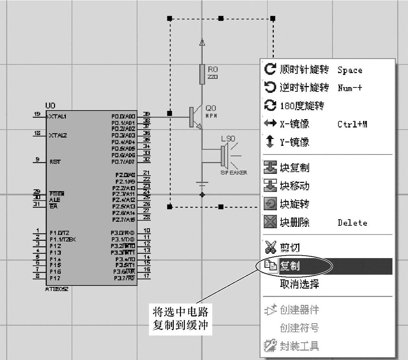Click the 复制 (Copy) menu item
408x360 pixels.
click(x=290, y=266)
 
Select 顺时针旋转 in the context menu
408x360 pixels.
click(x=304, y=69)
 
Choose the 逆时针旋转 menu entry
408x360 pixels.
click(x=304, y=87)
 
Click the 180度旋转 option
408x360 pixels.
click(x=302, y=106)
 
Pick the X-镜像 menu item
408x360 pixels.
click(x=294, y=124)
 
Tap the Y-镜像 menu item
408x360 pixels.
click(x=294, y=142)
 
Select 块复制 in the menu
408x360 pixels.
click(x=294, y=168)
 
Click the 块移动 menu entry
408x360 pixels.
click(x=294, y=186)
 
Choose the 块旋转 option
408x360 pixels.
click(x=294, y=204)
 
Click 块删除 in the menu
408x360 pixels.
click(x=294, y=222)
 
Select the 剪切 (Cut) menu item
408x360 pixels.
click(x=290, y=248)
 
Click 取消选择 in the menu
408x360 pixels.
click(x=299, y=284)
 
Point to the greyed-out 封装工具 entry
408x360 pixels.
click(x=299, y=346)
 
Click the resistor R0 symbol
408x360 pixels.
click(x=202, y=75)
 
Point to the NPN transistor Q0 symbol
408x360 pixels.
click(x=195, y=118)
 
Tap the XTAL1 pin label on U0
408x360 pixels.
click(x=58, y=117)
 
